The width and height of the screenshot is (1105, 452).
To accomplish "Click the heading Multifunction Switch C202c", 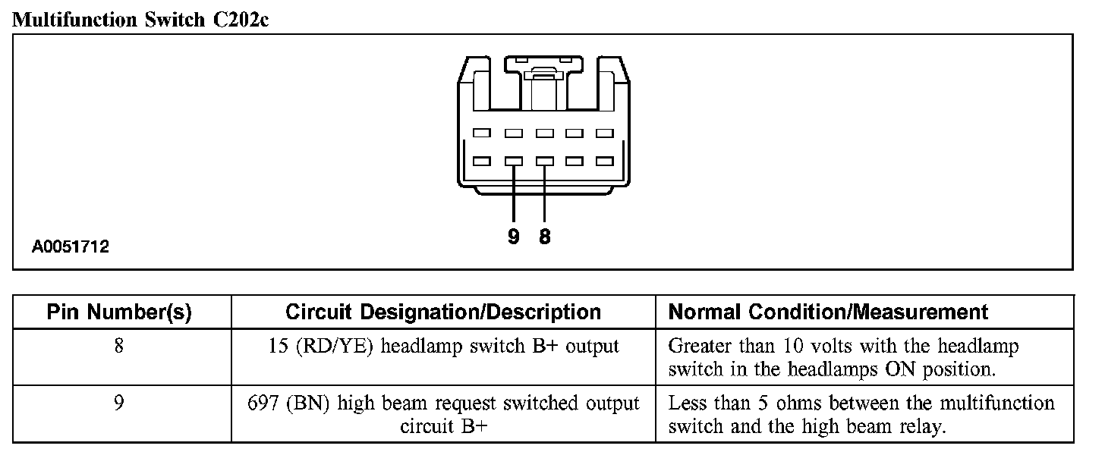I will click(x=141, y=20).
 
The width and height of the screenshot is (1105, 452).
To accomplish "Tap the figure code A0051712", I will click(x=71, y=246).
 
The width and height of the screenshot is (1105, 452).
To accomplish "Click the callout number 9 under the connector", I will click(x=514, y=237).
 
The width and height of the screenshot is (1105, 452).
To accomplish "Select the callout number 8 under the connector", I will click(x=545, y=237).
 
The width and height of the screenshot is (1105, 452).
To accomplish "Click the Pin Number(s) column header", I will click(x=119, y=312).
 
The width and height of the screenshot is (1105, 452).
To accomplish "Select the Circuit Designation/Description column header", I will click(x=443, y=312).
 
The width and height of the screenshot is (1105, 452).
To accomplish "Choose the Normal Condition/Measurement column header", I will click(x=828, y=312).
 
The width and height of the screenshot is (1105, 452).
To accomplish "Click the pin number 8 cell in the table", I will click(x=119, y=347).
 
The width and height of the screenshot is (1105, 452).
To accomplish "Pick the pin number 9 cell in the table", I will click(x=119, y=403).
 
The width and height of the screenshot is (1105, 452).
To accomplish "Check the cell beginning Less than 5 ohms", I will click(x=861, y=415).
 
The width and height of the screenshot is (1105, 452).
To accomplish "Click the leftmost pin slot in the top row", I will click(x=482, y=133).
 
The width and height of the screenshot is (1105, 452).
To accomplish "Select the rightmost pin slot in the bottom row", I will click(x=605, y=162).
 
